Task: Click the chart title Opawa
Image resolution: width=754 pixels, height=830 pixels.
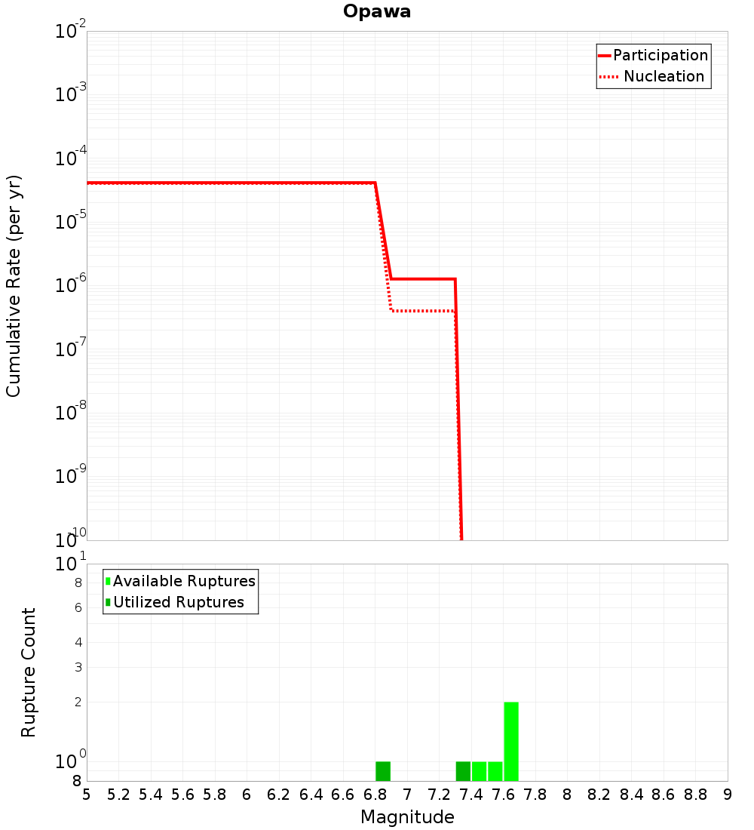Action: tap(376, 11)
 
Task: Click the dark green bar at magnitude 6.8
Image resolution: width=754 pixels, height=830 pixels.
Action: tap(383, 771)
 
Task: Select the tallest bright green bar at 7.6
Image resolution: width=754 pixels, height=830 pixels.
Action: tap(511, 741)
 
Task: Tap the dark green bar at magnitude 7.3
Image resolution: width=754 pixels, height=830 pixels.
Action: tap(463, 771)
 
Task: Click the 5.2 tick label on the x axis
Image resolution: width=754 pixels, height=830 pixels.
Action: tap(118, 794)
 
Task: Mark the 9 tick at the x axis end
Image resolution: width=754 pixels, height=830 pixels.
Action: tap(727, 794)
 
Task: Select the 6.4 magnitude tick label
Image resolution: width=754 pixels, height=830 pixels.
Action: tap(311, 794)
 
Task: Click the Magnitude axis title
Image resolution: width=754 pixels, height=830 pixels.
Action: tap(407, 817)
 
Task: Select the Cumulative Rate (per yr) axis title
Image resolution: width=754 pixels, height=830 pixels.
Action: tap(14, 285)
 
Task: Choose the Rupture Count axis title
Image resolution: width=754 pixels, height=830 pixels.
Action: tap(29, 672)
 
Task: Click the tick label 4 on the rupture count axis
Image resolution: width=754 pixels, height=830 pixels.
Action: tap(78, 642)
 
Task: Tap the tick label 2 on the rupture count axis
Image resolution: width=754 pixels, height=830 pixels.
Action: tap(78, 702)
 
